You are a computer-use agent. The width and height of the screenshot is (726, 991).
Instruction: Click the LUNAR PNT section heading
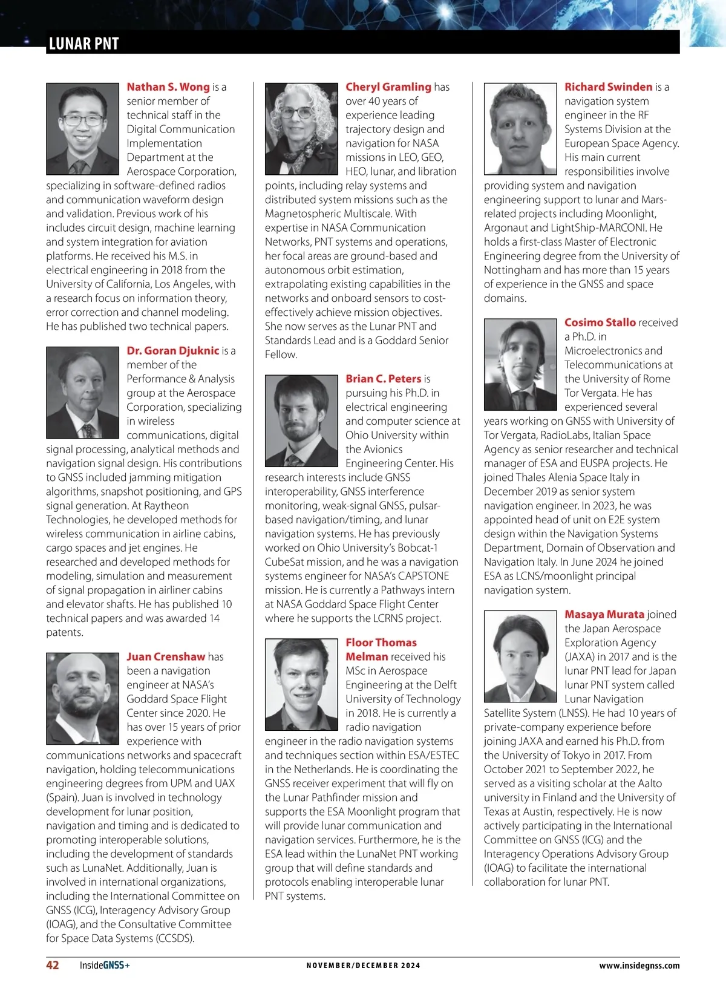point(83,44)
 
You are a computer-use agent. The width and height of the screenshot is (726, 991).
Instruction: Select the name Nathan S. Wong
point(168,87)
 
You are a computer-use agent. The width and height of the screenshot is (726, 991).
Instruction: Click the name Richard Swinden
point(608,87)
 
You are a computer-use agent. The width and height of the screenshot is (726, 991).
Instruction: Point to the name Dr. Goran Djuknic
point(172,351)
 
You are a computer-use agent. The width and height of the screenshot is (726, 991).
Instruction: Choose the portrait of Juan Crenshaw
point(82,698)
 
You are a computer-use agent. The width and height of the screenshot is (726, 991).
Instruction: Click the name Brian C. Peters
point(383,379)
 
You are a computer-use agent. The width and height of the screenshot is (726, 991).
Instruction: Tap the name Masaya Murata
point(604,615)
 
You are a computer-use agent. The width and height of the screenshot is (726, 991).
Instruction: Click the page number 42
point(53,965)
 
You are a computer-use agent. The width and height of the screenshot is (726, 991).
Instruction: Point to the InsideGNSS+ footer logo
point(105,966)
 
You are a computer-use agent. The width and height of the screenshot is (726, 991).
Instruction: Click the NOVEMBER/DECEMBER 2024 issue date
point(363,966)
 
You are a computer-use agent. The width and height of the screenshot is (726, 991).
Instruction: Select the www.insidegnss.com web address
point(639,966)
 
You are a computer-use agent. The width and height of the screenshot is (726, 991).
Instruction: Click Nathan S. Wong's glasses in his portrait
point(83,119)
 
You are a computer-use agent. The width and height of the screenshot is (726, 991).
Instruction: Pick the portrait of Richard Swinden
point(520,129)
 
